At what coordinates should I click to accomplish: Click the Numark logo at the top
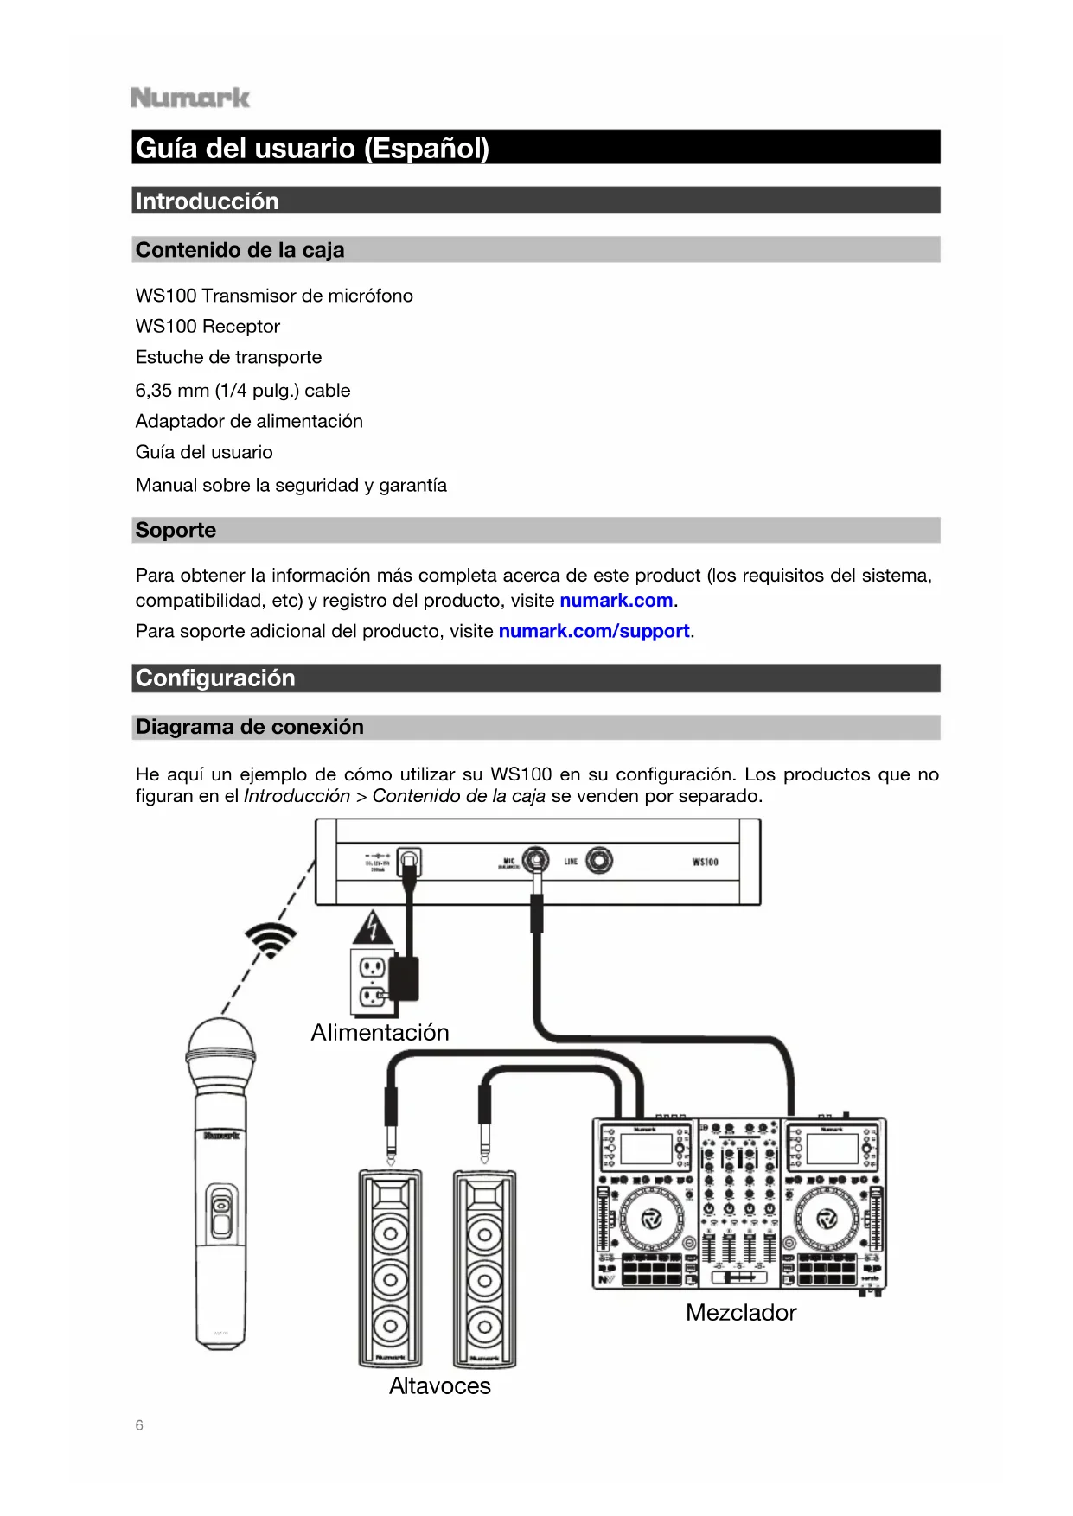pos(190,98)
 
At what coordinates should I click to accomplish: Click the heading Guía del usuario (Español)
pos(312,148)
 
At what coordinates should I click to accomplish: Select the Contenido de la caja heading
pos(240,250)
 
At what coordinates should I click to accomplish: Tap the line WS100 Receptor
pos(208,327)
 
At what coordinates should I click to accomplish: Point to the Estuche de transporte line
pos(228,357)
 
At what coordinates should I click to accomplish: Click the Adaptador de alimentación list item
pos(249,421)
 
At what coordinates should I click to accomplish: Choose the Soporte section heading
pos(176,530)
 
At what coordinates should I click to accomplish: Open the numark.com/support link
pos(594,631)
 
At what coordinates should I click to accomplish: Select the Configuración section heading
pos(215,678)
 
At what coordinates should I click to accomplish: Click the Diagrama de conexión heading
pos(249,727)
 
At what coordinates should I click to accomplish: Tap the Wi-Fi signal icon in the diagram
pos(271,939)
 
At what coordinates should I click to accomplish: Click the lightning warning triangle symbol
pos(373,927)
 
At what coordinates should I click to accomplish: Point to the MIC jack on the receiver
pos(536,861)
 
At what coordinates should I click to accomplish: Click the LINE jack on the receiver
pos(598,861)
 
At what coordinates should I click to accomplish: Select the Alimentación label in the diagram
pos(380,1033)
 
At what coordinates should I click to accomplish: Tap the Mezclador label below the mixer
pos(741,1313)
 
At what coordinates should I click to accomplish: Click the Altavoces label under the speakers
pos(439,1386)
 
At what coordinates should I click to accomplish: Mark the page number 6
pos(139,1425)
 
